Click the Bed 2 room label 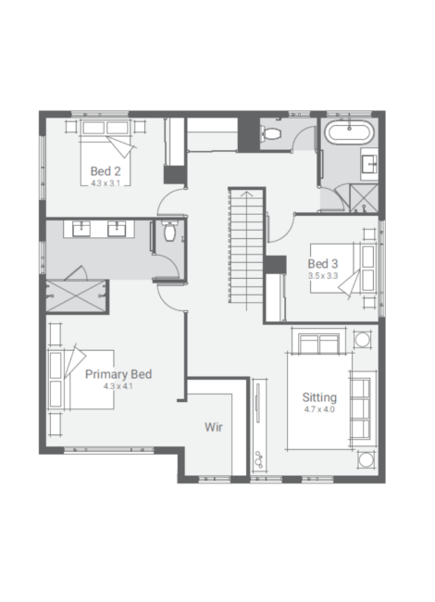pyautogui.click(x=106, y=170)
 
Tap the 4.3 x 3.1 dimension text pyautogui.click(x=106, y=183)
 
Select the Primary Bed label pyautogui.click(x=118, y=374)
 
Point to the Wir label pyautogui.click(x=213, y=427)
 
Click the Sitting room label pyautogui.click(x=319, y=397)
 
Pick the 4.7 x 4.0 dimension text pyautogui.click(x=319, y=409)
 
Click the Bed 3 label pyautogui.click(x=323, y=264)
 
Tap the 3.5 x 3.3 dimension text pyautogui.click(x=323, y=276)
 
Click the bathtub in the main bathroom pyautogui.click(x=349, y=132)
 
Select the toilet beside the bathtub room pyautogui.click(x=271, y=133)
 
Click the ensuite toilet pyautogui.click(x=169, y=232)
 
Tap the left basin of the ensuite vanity pyautogui.click(x=81, y=229)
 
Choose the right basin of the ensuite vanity pyautogui.click(x=117, y=229)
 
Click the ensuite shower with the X pyautogui.click(x=76, y=296)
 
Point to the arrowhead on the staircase pyautogui.click(x=246, y=194)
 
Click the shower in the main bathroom pyautogui.click(x=364, y=198)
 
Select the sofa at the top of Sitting pyautogui.click(x=319, y=343)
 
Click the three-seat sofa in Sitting pyautogui.click(x=361, y=408)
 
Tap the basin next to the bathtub pyautogui.click(x=370, y=164)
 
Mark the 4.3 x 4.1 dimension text pyautogui.click(x=118, y=386)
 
